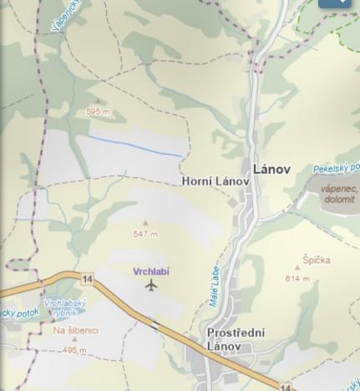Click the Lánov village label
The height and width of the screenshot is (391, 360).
point(271,169)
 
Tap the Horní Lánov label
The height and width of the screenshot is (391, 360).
point(215,181)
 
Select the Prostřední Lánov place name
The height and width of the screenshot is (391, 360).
point(236,339)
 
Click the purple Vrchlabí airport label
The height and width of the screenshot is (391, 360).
point(151,272)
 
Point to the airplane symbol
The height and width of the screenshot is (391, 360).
point(151,286)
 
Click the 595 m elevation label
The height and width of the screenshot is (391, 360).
point(98,112)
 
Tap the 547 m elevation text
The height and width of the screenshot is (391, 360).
point(145,234)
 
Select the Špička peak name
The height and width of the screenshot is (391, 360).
point(316,260)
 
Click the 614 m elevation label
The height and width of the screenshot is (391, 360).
point(297,279)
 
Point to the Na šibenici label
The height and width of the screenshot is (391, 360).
point(76,331)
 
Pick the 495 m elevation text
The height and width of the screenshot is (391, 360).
point(74,351)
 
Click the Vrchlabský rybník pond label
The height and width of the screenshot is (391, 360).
point(64,307)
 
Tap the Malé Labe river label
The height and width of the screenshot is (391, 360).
point(215,287)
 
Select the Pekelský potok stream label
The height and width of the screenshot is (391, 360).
point(337,169)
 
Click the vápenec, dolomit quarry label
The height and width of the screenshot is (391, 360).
point(338,194)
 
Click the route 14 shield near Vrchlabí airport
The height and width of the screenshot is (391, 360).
point(87,278)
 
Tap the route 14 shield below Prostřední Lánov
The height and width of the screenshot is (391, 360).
point(286,387)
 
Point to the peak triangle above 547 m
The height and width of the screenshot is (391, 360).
point(145,224)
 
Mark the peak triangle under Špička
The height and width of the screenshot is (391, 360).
point(297,269)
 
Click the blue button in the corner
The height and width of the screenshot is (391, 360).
point(334,3)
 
